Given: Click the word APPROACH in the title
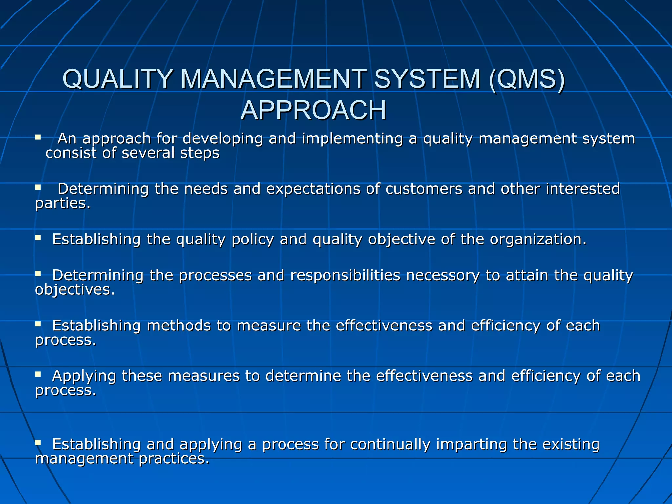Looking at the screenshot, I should click(x=313, y=110).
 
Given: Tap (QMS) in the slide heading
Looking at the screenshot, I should click(x=527, y=79).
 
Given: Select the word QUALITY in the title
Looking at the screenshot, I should click(x=117, y=79).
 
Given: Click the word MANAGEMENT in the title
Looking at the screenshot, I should click(x=273, y=79).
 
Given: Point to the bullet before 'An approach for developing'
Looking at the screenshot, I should click(x=38, y=137).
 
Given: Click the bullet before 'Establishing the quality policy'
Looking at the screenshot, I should click(x=38, y=238).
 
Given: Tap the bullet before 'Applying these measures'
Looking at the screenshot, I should click(x=38, y=374).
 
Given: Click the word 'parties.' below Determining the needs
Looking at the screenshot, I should click(x=63, y=203).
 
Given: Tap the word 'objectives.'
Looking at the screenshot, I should click(x=75, y=290).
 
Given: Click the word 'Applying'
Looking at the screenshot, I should click(x=84, y=376).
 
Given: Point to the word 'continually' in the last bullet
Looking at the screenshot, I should click(x=390, y=444).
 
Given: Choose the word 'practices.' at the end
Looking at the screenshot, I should click(x=174, y=459).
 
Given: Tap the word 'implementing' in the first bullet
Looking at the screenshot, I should click(x=352, y=138).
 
